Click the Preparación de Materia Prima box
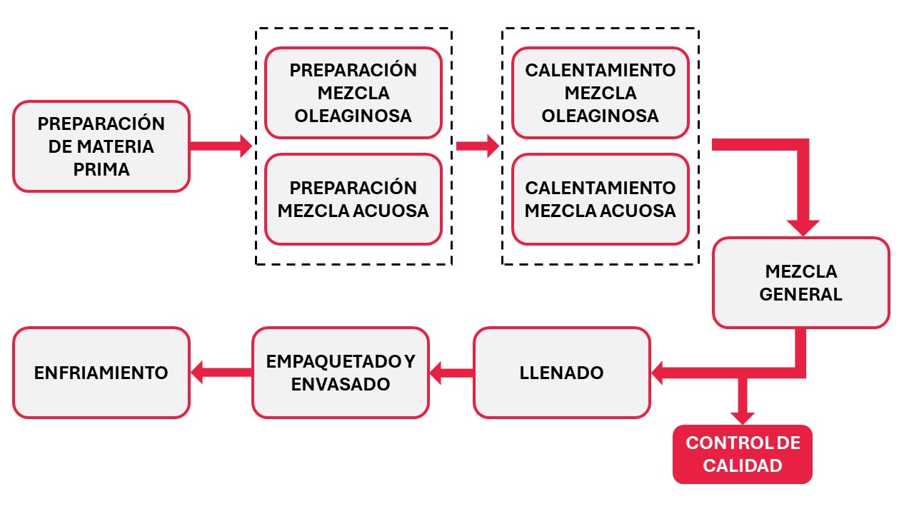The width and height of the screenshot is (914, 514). click(101, 146)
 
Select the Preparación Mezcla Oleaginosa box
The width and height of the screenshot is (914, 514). click(353, 93)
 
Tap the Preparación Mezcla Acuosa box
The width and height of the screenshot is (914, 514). click(353, 199)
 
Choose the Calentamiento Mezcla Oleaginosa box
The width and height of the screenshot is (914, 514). click(601, 93)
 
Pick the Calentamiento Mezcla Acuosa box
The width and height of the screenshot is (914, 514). click(601, 199)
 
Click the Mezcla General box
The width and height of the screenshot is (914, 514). click(801, 283)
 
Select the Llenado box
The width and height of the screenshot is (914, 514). click(562, 373)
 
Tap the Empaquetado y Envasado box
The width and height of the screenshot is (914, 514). click(341, 373)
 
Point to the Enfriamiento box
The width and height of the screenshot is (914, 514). click(101, 373)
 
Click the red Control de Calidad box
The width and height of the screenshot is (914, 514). click(743, 455)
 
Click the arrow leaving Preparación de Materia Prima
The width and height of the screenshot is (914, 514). click(221, 146)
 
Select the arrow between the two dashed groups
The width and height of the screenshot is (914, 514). click(478, 146)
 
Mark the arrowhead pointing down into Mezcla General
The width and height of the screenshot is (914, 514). click(803, 228)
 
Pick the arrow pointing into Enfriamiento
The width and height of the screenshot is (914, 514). click(221, 373)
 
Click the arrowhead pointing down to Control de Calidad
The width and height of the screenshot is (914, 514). click(743, 418)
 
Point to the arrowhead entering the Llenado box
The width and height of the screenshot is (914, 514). click(657, 373)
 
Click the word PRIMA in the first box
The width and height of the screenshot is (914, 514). click(101, 169)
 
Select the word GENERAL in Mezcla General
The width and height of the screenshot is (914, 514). click(801, 294)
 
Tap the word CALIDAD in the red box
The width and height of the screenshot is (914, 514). click(743, 465)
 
